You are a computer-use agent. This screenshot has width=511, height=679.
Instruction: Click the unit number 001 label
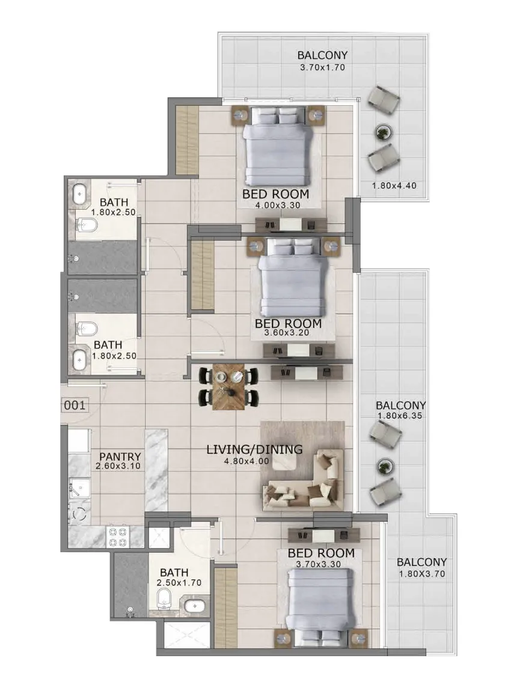click(75, 406)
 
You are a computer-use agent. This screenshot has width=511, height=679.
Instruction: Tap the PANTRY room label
click(120, 457)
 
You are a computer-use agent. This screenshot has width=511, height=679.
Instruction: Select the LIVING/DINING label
click(254, 449)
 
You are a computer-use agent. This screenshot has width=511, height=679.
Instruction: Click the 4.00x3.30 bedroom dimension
click(278, 206)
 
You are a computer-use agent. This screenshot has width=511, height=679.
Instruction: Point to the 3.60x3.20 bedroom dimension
click(287, 333)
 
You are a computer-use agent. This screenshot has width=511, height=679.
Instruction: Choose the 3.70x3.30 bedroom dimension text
click(318, 564)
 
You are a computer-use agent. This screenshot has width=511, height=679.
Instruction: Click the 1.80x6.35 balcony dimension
click(400, 416)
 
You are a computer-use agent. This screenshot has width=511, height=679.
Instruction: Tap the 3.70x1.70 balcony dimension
click(322, 67)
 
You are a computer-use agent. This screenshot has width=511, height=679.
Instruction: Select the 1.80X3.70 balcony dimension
click(421, 574)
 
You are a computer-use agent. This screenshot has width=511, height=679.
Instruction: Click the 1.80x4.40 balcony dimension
click(394, 186)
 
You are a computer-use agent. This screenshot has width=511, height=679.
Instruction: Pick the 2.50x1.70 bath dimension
click(179, 583)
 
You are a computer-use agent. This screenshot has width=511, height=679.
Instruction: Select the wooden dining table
click(228, 387)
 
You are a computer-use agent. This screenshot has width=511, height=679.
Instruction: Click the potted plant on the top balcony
click(383, 132)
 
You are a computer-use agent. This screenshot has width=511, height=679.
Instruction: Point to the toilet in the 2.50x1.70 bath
click(165, 599)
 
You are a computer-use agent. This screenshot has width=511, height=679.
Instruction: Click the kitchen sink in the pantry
click(79, 487)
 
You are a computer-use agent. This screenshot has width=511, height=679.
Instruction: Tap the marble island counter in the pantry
click(156, 470)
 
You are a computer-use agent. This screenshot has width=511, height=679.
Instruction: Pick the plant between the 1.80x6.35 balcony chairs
click(384, 466)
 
